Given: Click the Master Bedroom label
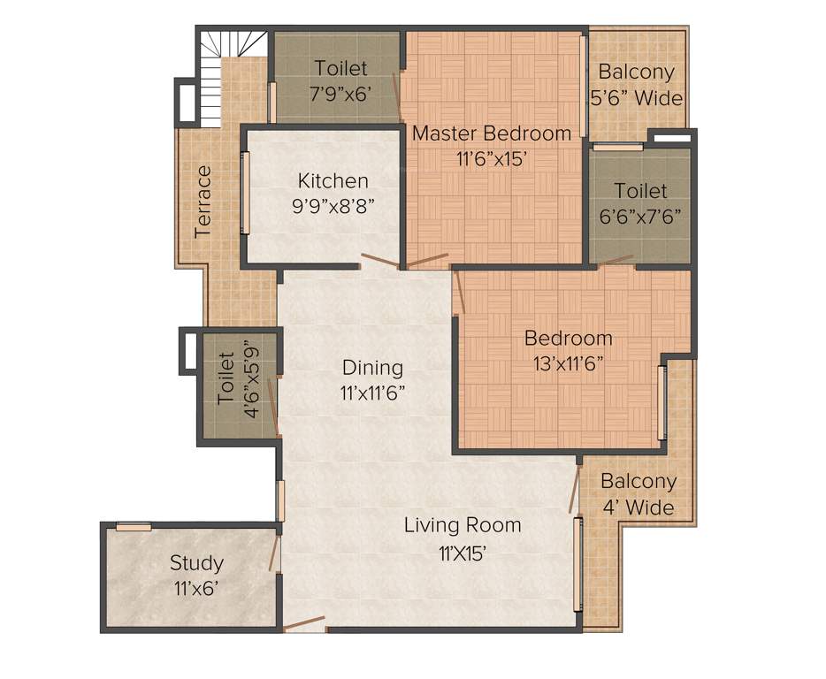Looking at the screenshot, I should (492, 134).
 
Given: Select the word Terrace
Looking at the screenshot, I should (203, 201).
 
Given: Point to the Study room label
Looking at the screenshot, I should (196, 562).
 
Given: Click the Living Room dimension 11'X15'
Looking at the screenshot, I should (463, 553).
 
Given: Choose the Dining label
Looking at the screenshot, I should (372, 367).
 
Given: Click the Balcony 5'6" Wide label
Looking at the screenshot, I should (637, 85).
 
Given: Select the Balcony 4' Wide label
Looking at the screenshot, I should (638, 494).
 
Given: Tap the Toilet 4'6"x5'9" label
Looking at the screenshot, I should (236, 380).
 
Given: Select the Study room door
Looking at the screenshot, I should (275, 553).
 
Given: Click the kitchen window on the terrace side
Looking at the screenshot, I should (246, 193).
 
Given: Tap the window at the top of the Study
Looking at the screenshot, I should (134, 527).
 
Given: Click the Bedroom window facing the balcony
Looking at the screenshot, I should (662, 402).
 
